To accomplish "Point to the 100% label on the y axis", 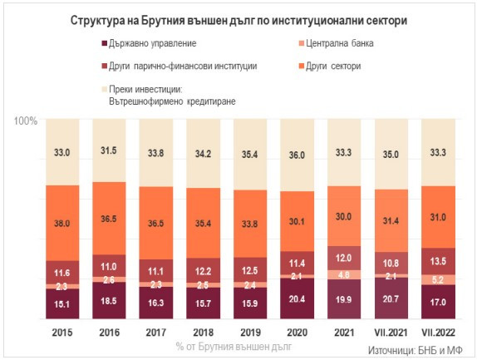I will pos(26,121).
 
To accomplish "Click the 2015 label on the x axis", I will pos(61,333).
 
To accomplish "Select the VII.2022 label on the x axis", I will pos(439,333).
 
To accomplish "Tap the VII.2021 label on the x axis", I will pos(391,333).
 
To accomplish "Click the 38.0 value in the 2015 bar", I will pos(61,223).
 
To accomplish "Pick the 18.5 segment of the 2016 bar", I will pos(109,302).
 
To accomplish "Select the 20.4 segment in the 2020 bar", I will pos(297,299).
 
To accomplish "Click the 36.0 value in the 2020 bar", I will pos(297,155).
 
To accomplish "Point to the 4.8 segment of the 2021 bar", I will pos(344,274).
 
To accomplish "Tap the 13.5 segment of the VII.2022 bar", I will pos(439,259).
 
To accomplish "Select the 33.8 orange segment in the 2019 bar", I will pos(250,223).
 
